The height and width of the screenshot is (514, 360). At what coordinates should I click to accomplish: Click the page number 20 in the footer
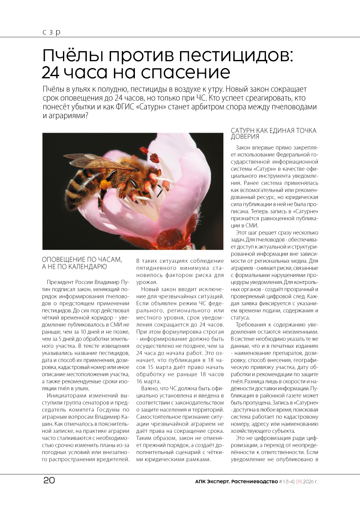coord(49,481)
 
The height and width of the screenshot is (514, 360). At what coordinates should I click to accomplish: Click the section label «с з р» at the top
coord(51,32)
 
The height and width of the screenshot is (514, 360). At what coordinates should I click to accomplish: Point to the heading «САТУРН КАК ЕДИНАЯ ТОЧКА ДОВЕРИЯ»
coord(274,133)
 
